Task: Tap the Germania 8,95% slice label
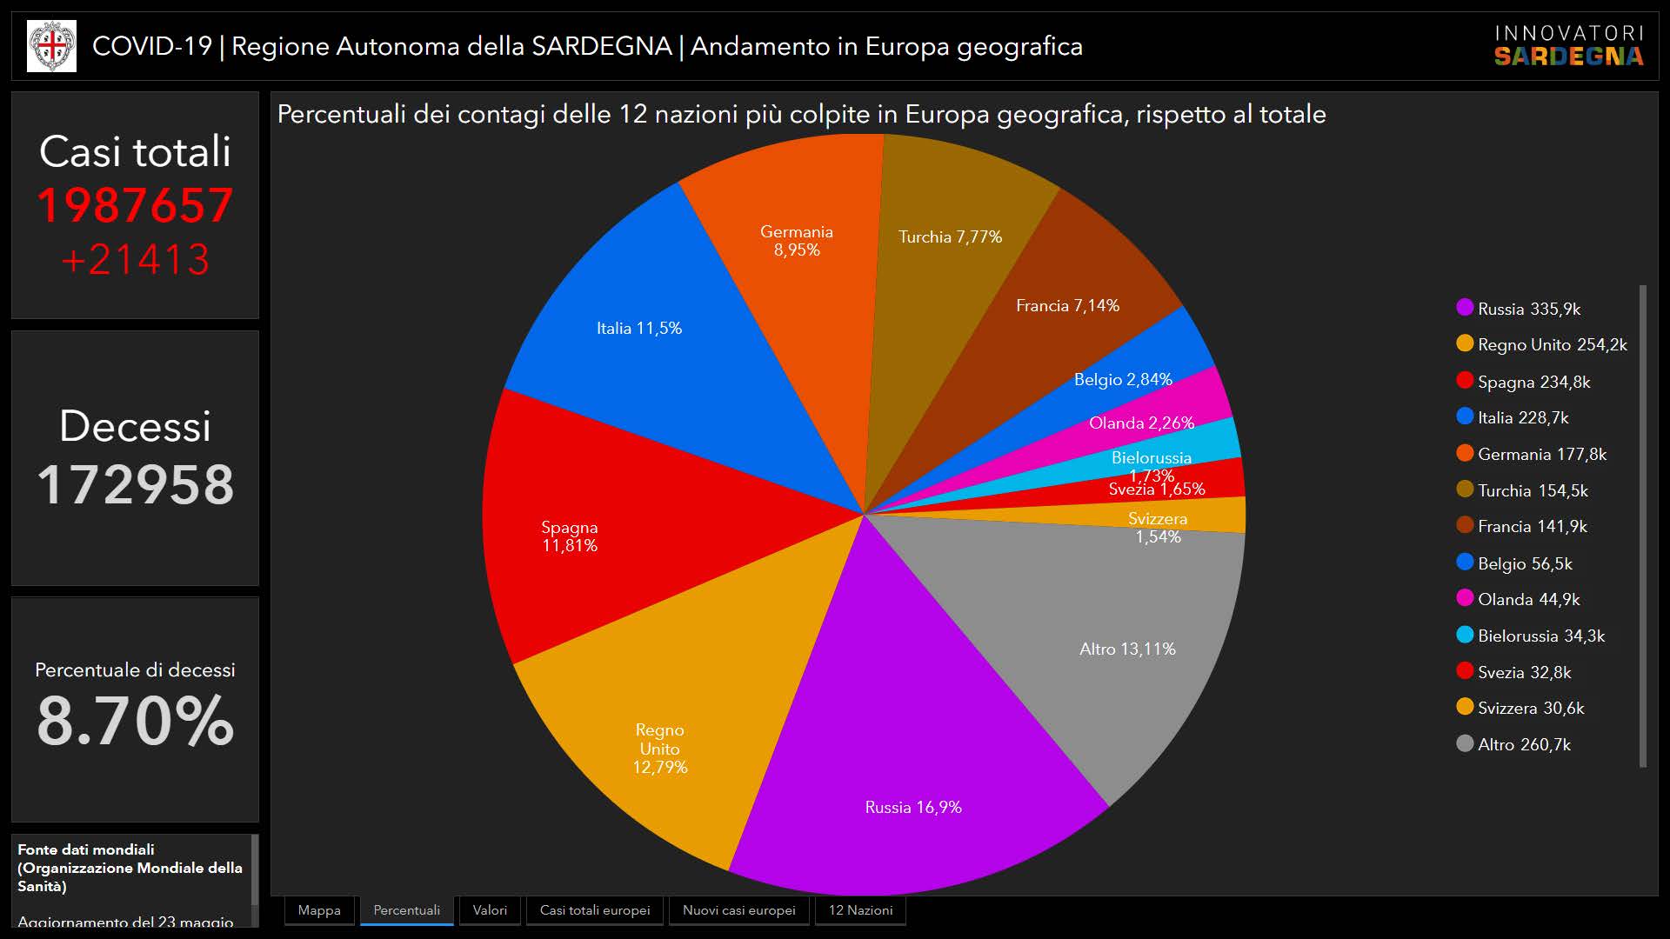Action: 796,241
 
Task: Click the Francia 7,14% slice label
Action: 1067,306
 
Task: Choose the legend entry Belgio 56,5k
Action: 1524,563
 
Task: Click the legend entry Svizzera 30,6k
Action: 1530,708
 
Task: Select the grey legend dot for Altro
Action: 1465,743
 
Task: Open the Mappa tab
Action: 319,910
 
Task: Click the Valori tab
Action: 490,910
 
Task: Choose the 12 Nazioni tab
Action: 860,910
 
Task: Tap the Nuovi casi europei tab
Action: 738,910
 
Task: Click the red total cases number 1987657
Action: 135,206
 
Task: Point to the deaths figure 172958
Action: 135,484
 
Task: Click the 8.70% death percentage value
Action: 135,720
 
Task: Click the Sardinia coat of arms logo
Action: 51,46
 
